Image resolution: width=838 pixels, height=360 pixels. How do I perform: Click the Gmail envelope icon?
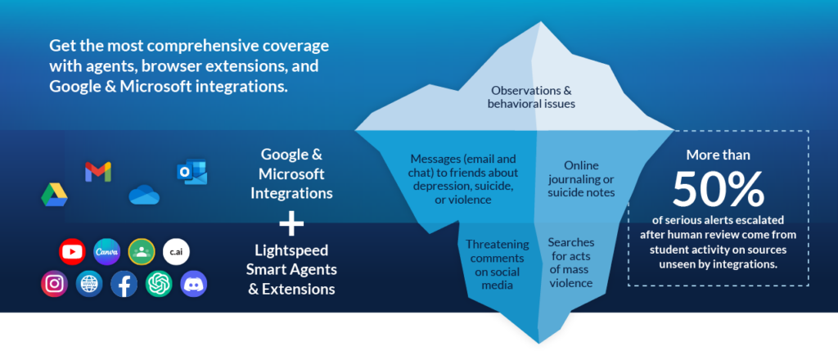coord(97,172)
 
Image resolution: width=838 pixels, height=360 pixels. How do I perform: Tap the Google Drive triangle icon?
coord(55,196)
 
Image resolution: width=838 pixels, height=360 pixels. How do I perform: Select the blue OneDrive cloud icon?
coord(144,194)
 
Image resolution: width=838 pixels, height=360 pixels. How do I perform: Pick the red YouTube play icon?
coord(72,251)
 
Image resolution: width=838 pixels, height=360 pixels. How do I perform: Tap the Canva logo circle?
coord(107,251)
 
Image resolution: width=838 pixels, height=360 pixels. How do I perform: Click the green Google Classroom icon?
coord(142,251)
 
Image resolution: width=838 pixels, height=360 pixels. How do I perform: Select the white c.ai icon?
coord(177,251)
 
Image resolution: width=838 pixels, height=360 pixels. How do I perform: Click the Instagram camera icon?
coord(54,284)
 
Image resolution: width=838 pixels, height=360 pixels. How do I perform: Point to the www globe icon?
coord(89,284)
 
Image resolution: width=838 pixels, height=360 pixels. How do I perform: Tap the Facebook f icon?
coord(124,284)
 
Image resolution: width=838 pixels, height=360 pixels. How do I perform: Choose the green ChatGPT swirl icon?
coord(159,284)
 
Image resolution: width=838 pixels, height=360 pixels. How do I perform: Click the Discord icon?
coord(194,284)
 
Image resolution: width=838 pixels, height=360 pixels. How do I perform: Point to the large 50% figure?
coord(718,190)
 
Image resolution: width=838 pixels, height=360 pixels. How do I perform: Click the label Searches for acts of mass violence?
coord(571,263)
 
